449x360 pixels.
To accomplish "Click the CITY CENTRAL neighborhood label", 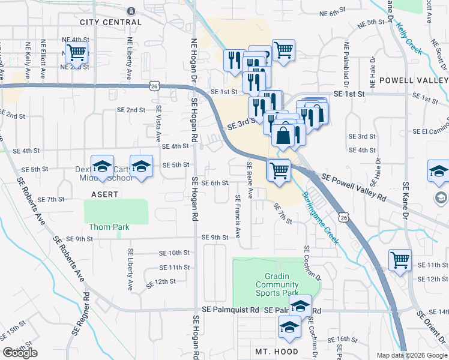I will (x=110, y=22).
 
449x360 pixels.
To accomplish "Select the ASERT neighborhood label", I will (x=104, y=194).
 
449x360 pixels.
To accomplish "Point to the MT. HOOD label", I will (x=277, y=351).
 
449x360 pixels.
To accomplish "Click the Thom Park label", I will (x=109, y=227).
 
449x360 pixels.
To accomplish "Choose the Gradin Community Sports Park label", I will (x=273, y=284).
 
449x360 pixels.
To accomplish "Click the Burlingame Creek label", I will (x=320, y=217).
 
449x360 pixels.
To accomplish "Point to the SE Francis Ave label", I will (x=238, y=214).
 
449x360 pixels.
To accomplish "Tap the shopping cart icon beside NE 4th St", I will (x=76, y=52).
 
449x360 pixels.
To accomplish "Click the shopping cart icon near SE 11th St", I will (x=400, y=260).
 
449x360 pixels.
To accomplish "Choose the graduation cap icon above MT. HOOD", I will (x=289, y=327).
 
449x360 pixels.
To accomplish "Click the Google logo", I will (x=20, y=353).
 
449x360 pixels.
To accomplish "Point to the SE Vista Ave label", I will (x=159, y=120).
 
